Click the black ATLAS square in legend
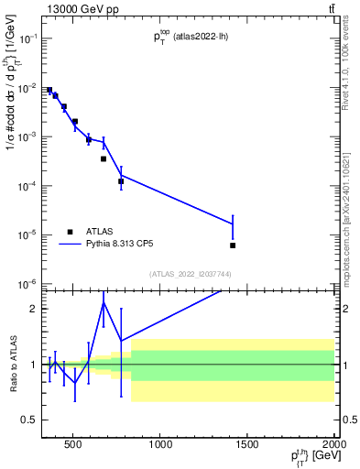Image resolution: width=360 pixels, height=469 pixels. [70, 232]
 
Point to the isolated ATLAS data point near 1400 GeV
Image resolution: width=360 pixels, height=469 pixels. [233, 245]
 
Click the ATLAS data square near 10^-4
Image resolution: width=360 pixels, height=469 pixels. [121, 181]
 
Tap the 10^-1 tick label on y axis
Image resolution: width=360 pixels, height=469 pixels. [29, 38]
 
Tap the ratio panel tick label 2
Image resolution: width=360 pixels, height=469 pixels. [33, 309]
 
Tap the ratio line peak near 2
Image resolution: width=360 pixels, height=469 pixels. [104, 302]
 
